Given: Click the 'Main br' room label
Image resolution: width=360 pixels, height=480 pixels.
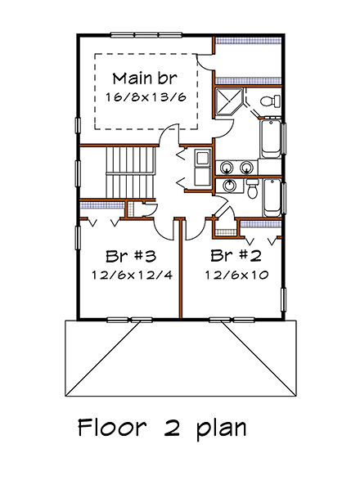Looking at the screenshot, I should tap(145, 79).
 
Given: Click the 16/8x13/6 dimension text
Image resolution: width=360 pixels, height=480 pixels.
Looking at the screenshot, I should tap(145, 97).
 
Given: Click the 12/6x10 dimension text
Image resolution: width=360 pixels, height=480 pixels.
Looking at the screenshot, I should tap(236, 275).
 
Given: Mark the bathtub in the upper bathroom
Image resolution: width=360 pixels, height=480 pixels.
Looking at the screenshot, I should tap(271, 137).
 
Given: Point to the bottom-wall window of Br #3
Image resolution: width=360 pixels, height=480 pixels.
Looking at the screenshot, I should tap(130, 317).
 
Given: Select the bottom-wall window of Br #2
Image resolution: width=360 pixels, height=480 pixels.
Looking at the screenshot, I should tap(222, 317).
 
